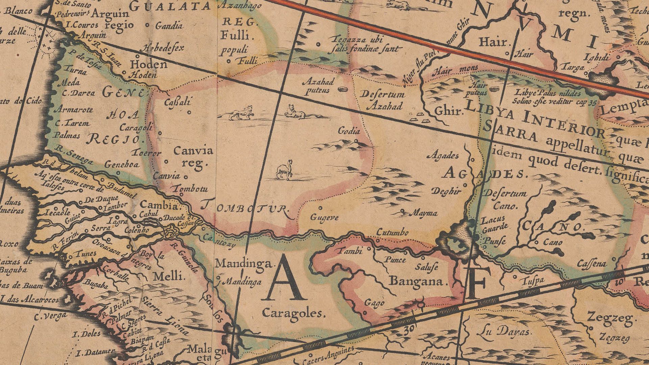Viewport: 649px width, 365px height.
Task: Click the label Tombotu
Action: tap(190, 189)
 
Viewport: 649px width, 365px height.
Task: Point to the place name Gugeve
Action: tap(324, 218)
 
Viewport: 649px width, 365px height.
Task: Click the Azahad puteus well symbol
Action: tap(343, 89)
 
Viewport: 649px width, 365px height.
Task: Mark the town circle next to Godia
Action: tap(357, 141)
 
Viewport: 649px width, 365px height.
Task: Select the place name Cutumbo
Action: tap(392, 233)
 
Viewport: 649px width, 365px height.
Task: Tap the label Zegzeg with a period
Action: tap(611, 318)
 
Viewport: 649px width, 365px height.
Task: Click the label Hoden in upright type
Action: tap(149, 64)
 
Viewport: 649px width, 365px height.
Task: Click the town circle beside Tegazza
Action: tap(318, 44)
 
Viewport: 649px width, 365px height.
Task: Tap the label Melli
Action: tap(169, 277)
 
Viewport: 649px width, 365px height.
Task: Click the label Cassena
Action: tap(592, 263)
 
